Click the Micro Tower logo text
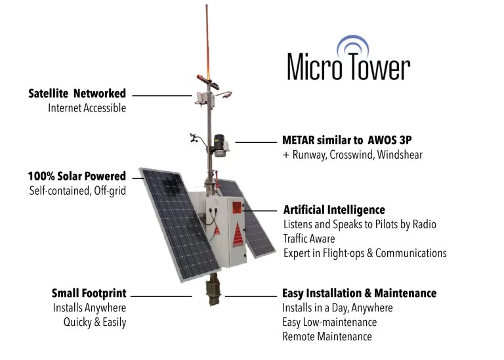348,67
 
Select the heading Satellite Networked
77,94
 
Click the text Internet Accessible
87,108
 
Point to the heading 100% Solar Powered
77,176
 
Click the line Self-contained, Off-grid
77,191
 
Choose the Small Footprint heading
89,293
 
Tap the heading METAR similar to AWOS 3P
346,140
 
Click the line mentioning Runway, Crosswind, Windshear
352,155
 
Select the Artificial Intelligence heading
334,210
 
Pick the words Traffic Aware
309,239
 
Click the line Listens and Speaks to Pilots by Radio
360,224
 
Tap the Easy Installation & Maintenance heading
360,293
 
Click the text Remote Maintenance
327,336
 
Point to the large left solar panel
180,224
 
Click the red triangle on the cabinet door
238,235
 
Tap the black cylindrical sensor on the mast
219,142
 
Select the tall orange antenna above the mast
207,42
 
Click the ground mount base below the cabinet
213,289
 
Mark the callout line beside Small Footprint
161,296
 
